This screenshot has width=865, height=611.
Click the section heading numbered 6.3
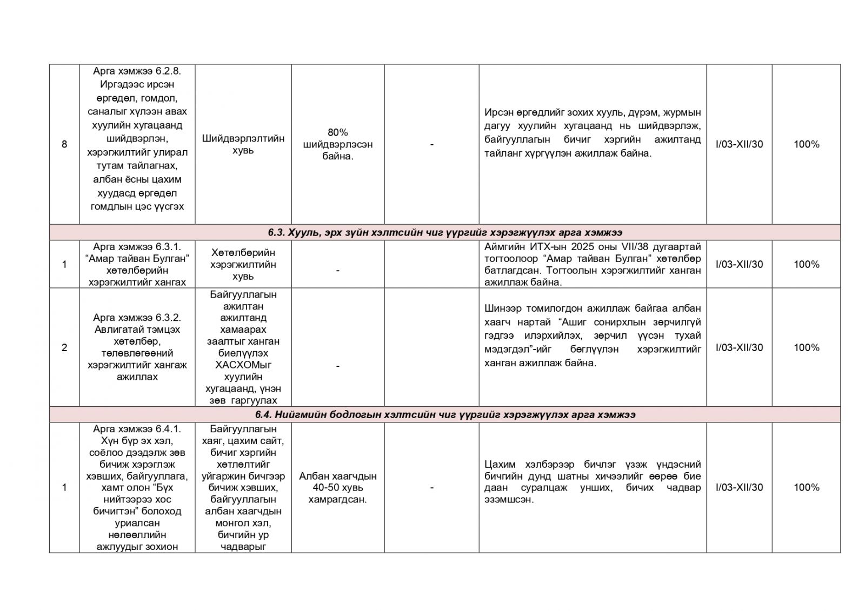pos(444,233)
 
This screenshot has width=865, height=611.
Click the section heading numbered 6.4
pos(444,415)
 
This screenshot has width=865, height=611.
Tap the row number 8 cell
pos(64,144)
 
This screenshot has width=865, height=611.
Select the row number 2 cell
pos(64,347)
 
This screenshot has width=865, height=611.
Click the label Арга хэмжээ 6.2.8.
pos(137,71)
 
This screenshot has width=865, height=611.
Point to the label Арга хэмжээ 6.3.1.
pos(137,246)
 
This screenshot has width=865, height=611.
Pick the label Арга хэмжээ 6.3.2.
pos(137,318)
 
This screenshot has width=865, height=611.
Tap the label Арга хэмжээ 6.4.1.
pos(137,429)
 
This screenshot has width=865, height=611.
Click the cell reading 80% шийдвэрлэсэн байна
pos(338,144)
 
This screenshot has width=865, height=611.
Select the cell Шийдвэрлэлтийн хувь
pos(243,144)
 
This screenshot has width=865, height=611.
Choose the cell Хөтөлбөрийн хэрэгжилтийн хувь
pos(243,264)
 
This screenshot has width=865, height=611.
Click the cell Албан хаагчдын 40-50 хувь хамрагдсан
pos(338,487)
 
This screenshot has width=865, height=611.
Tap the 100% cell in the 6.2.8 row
pos(806,144)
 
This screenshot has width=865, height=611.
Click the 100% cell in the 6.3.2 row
pos(806,347)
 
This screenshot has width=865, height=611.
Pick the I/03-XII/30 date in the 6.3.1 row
pos(739,264)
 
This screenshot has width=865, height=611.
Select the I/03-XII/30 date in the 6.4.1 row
pos(739,487)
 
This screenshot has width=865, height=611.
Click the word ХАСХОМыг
pos(243,365)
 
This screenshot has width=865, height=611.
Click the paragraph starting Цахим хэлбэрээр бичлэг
pos(593,482)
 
